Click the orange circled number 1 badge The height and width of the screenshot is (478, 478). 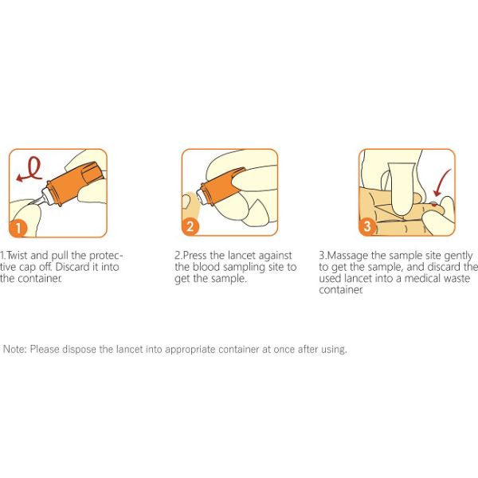tap(18, 228)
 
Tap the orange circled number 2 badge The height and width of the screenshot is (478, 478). tap(190, 226)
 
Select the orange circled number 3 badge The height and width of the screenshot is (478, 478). tap(367, 226)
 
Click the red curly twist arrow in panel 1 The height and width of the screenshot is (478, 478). tap(30, 170)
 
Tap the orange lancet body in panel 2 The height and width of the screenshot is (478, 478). tap(221, 186)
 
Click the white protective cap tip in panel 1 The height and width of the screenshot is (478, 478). tap(45, 196)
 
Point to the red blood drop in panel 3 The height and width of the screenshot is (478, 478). tap(434, 204)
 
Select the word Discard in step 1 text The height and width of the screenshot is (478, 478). tap(72, 267)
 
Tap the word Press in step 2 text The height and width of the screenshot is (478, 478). tap(194, 255)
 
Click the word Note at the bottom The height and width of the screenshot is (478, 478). tap(15, 349)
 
